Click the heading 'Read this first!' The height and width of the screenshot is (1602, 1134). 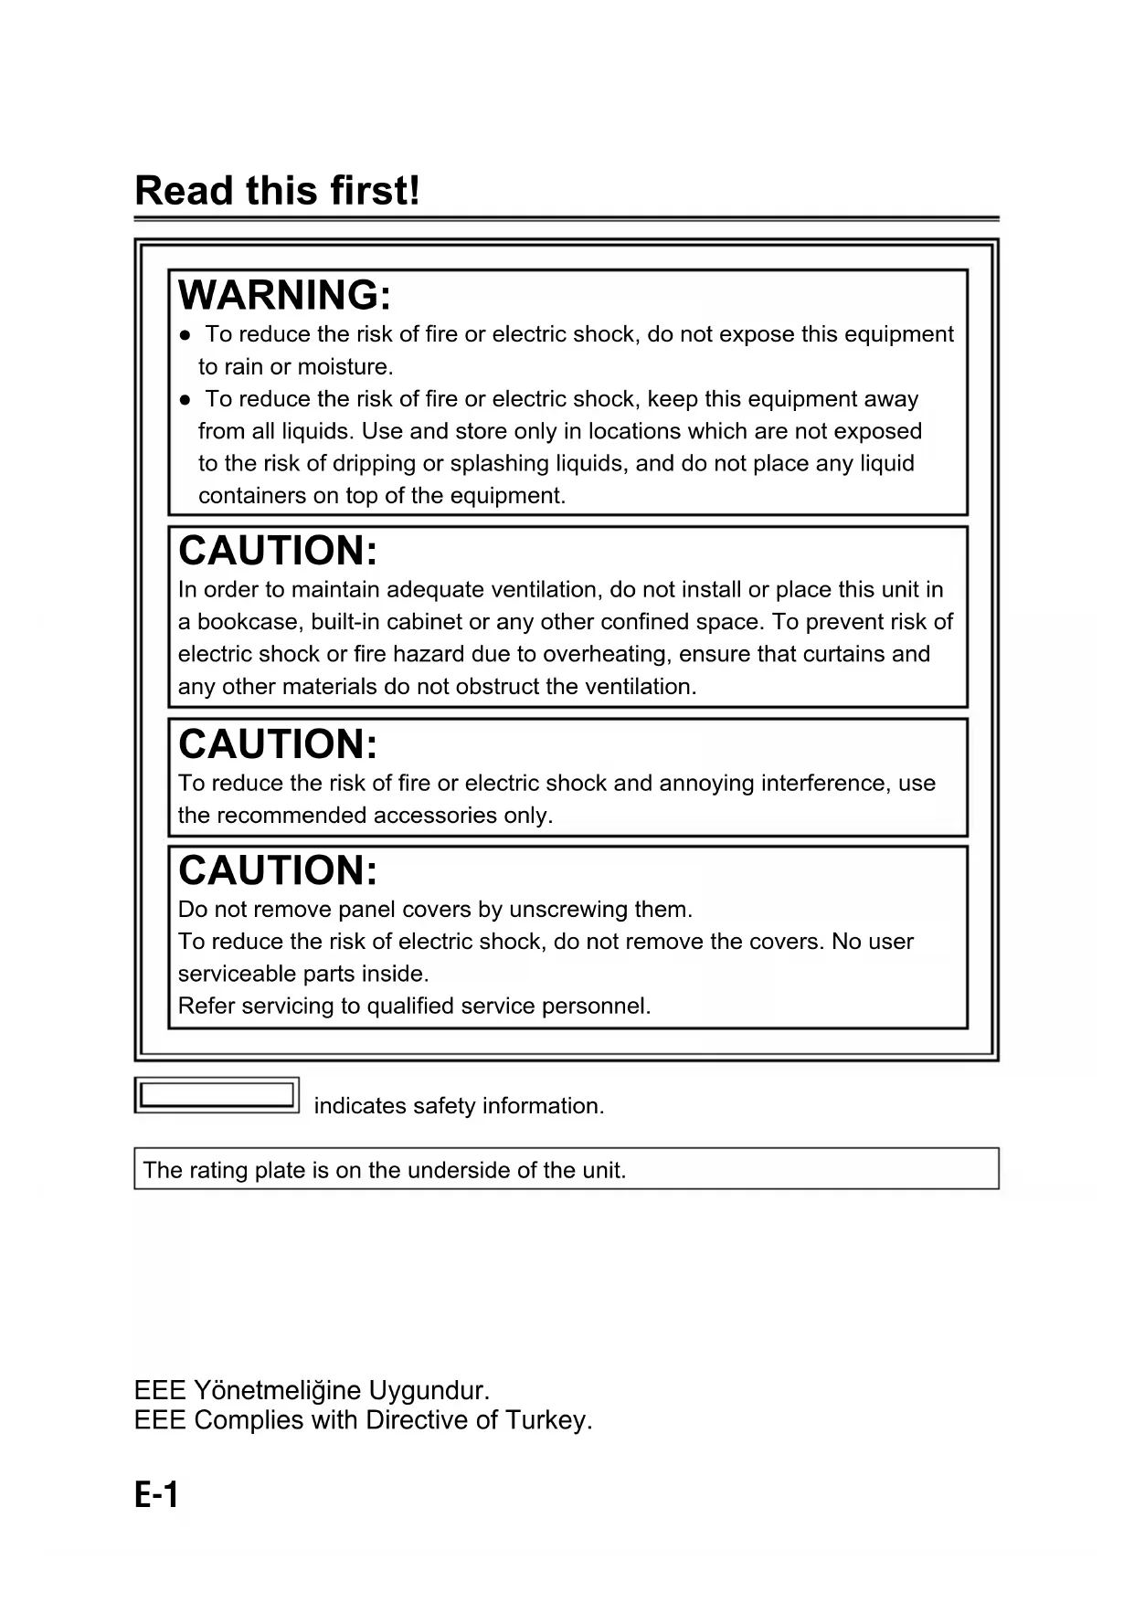(x=277, y=191)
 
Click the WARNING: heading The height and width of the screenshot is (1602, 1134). (x=284, y=295)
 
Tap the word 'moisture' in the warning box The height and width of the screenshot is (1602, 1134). (x=344, y=367)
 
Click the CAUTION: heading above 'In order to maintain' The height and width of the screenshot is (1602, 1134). (x=278, y=551)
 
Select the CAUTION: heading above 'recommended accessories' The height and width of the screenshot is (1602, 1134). (x=278, y=743)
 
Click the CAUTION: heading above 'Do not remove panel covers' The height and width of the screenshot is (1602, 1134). (x=278, y=870)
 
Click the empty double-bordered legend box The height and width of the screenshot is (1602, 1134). (x=217, y=1094)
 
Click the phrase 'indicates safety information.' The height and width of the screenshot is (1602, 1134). (x=459, y=1106)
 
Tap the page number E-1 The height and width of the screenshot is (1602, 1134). (x=156, y=1495)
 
